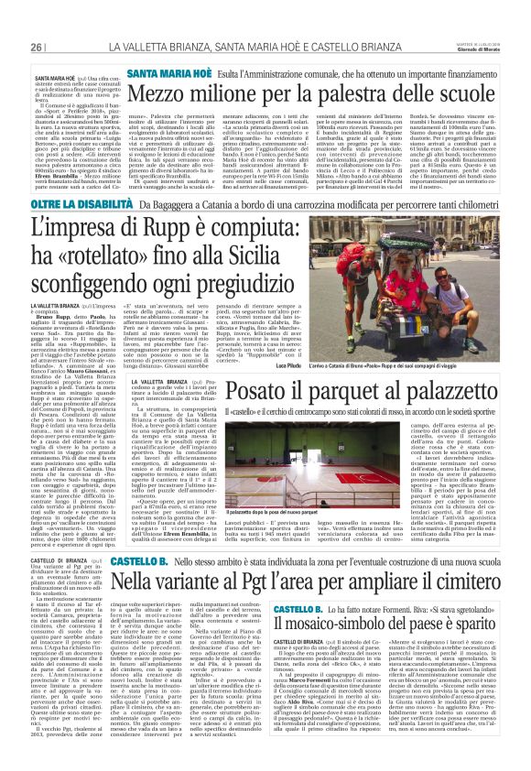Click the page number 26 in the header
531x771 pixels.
(36, 48)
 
